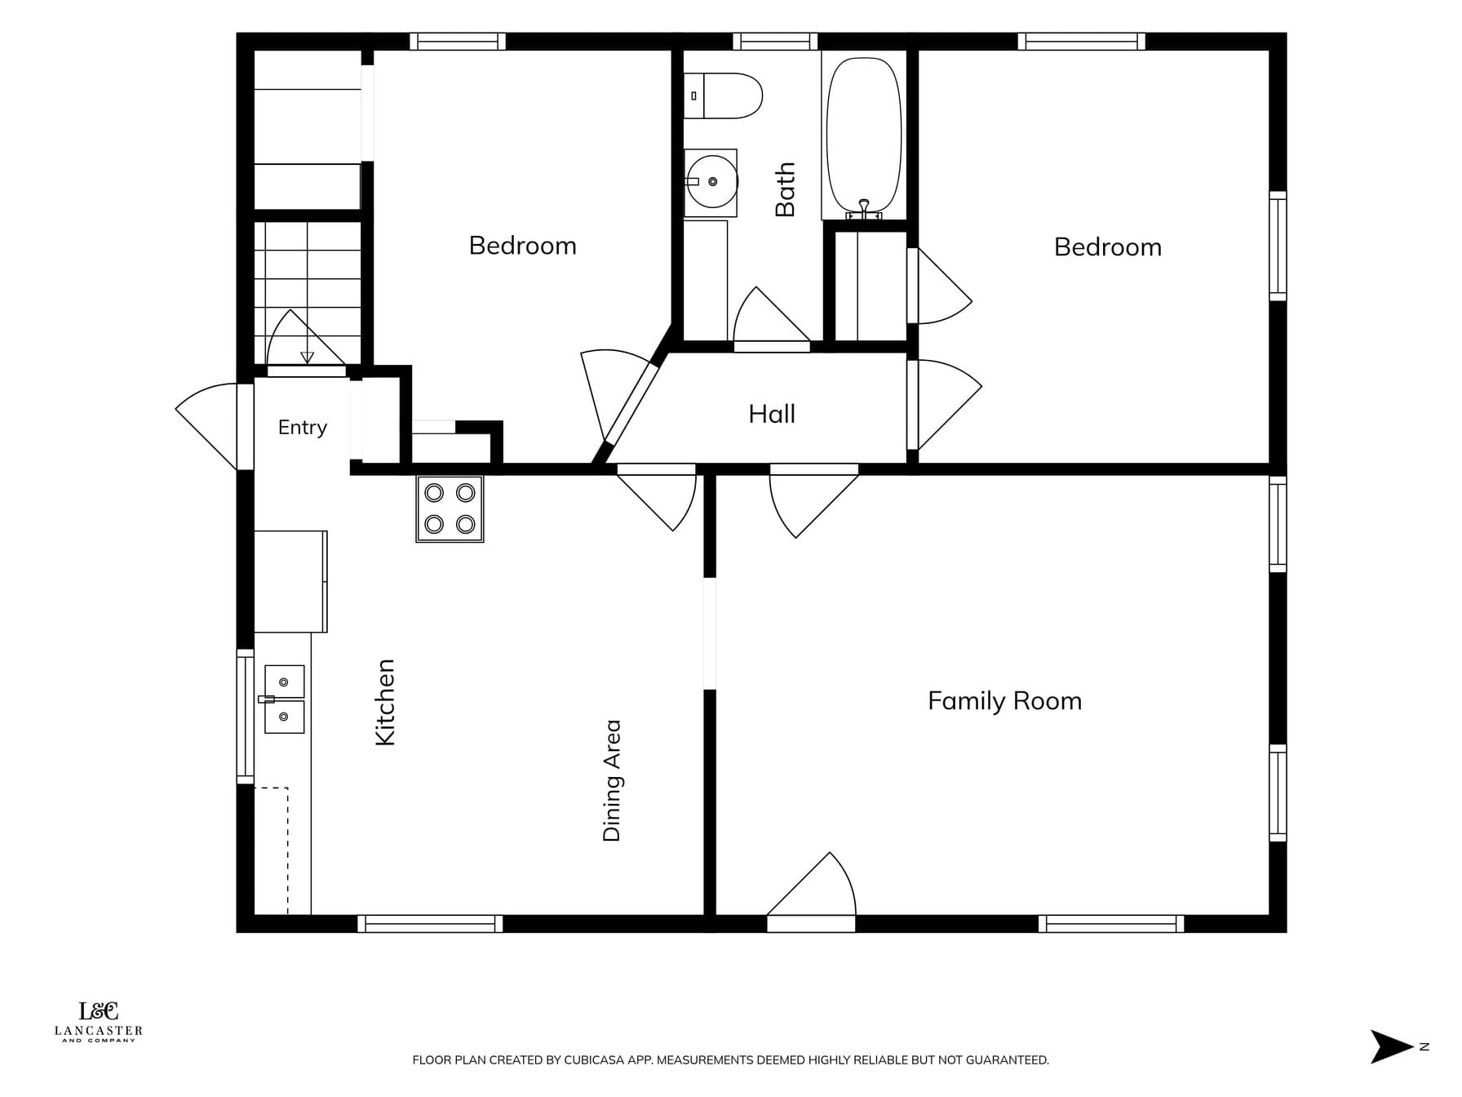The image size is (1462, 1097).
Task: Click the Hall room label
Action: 772,414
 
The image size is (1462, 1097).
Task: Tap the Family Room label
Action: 1004,700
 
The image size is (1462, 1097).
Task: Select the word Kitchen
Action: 384,702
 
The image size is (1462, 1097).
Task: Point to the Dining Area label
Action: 612,780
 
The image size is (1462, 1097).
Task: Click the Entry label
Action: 302,427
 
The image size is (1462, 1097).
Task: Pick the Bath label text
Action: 785,189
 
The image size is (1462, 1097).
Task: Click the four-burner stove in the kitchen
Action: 450,509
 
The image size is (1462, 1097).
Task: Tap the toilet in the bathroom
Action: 722,95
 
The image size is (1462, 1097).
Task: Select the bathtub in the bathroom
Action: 864,135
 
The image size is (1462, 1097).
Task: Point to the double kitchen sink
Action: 283,699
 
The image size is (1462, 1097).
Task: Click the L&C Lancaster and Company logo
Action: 99,1022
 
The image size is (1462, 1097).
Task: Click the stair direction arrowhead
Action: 307,357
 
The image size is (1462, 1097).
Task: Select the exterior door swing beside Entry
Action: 206,426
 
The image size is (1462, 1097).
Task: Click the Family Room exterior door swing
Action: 812,884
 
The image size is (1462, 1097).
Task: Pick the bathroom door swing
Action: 771,315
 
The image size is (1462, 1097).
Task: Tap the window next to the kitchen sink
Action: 245,716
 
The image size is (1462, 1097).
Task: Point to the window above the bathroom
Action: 775,41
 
